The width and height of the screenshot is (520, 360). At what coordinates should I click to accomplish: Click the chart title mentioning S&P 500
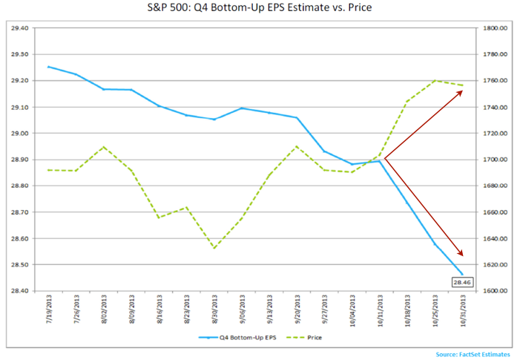click(260, 9)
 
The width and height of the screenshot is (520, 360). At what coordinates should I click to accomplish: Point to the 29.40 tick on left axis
click(17, 28)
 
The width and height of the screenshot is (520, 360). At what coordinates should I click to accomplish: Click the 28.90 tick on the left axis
click(17, 160)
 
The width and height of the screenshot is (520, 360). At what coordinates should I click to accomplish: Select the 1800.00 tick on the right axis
click(493, 28)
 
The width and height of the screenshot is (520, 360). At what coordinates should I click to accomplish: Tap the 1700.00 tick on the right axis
click(493, 160)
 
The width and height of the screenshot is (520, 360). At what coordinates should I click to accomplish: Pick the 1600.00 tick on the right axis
click(493, 291)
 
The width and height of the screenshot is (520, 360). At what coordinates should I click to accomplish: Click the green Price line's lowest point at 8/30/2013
click(214, 248)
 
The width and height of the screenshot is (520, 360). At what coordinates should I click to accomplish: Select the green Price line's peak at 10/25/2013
click(435, 80)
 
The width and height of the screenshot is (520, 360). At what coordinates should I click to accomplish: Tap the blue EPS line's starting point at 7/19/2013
click(48, 67)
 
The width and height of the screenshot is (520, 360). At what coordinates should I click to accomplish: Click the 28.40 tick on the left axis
click(17, 291)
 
